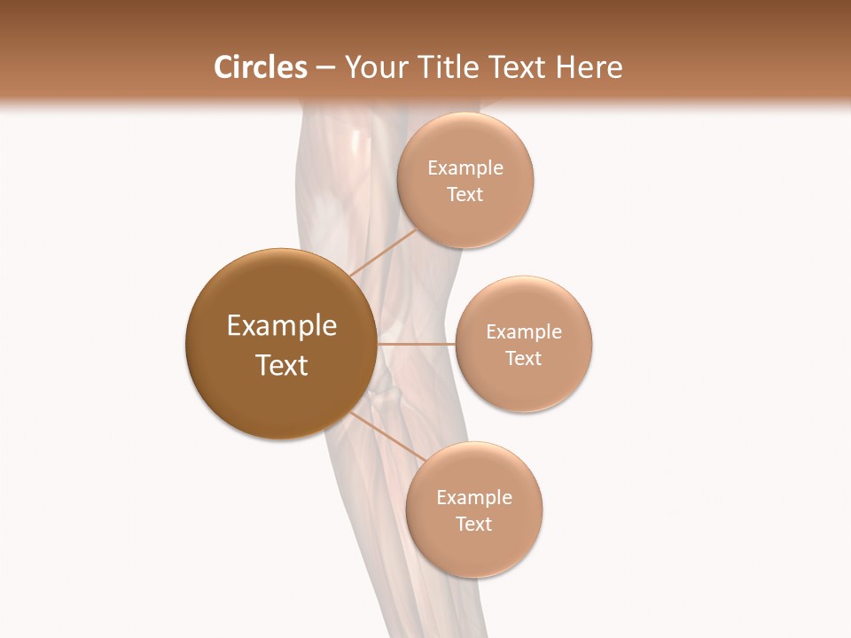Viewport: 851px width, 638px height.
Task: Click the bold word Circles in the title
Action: pyautogui.click(x=260, y=67)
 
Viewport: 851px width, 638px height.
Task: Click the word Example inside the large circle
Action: pyautogui.click(x=282, y=326)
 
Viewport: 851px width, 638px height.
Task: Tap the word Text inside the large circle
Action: pyautogui.click(x=282, y=365)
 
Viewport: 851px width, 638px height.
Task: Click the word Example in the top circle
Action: pyautogui.click(x=465, y=167)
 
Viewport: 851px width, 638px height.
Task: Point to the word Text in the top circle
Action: pyautogui.click(x=465, y=194)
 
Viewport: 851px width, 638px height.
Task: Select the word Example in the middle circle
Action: pyautogui.click(x=524, y=331)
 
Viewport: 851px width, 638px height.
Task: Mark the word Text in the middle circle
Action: pyautogui.click(x=524, y=358)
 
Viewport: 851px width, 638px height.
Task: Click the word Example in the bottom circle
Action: pyautogui.click(x=474, y=497)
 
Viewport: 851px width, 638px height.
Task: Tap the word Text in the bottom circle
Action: pyautogui.click(x=474, y=524)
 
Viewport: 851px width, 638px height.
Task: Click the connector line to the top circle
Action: pyautogui.click(x=382, y=253)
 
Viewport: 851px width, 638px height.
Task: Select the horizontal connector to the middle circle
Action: pyautogui.click(x=416, y=343)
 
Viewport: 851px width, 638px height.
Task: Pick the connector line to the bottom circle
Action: pyautogui.click(x=388, y=436)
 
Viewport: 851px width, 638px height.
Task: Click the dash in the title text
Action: pyautogui.click(x=325, y=68)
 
